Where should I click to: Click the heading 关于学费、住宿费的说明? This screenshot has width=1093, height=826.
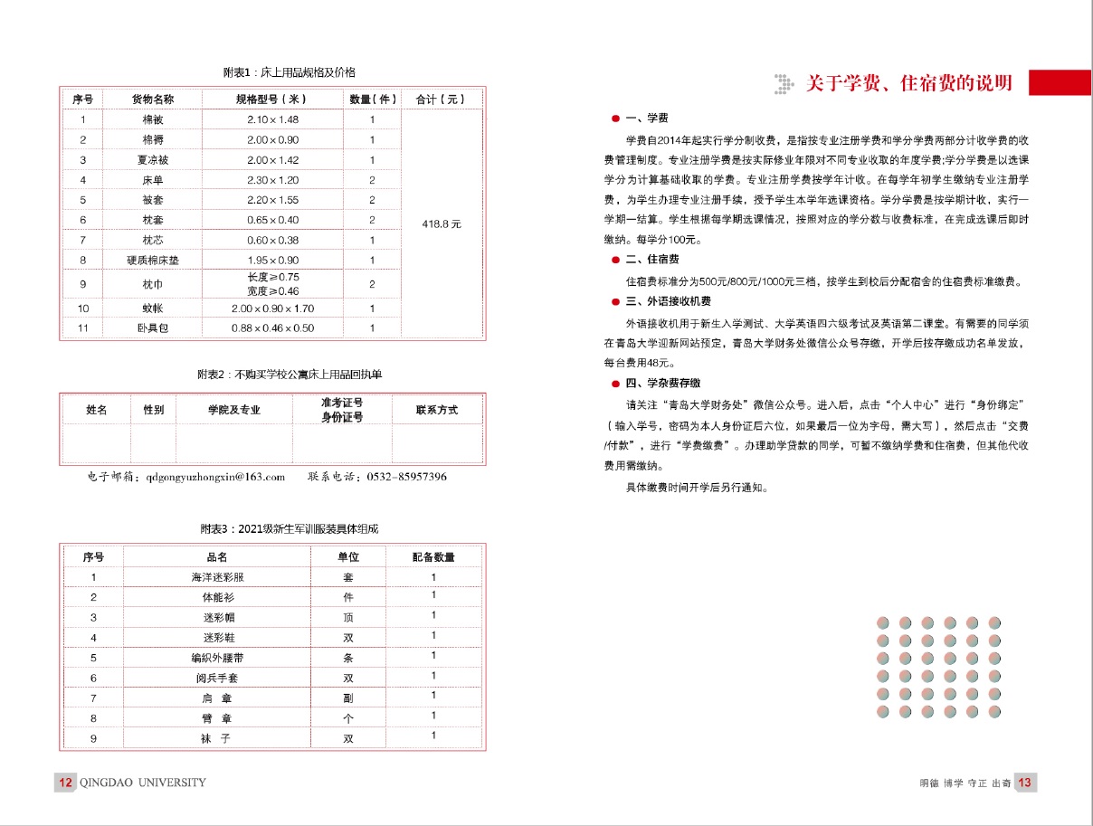tap(908, 84)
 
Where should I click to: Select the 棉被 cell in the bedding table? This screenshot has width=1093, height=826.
tap(141, 119)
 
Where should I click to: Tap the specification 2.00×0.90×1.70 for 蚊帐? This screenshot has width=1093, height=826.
tap(272, 309)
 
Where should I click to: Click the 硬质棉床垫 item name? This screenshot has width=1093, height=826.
tap(153, 261)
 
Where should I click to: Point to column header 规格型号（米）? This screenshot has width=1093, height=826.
tap(272, 100)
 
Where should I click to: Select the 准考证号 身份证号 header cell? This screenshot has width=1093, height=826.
tap(342, 410)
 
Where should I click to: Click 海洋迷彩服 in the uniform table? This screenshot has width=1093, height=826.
tap(217, 577)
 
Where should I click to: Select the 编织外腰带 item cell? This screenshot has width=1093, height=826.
tap(217, 658)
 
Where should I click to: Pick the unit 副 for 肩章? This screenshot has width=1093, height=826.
tap(348, 698)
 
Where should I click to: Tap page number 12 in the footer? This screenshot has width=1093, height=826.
tap(64, 783)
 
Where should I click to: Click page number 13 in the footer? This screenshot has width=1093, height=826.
tap(1024, 783)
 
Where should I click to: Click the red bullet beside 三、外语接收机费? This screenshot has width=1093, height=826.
tap(615, 301)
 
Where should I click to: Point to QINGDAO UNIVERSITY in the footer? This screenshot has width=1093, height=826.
tap(143, 783)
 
